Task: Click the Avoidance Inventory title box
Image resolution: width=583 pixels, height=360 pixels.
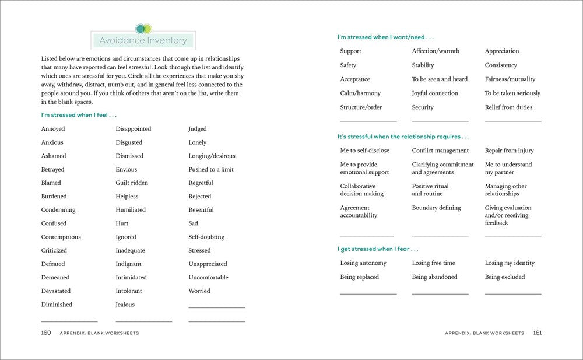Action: [x=143, y=41]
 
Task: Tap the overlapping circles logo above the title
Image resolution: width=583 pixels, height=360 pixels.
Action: [x=143, y=28]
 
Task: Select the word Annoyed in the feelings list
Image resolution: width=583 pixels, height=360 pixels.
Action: [x=53, y=129]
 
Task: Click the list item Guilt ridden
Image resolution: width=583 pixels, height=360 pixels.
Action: [x=132, y=183]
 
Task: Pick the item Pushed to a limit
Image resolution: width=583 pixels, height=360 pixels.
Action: [x=211, y=170]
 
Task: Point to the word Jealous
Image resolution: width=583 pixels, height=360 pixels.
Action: [x=125, y=305]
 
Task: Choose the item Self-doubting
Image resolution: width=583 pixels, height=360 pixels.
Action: [x=206, y=237]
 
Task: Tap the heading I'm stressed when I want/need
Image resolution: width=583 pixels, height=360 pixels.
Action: [x=385, y=37]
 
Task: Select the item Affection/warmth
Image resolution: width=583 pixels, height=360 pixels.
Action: [x=436, y=51]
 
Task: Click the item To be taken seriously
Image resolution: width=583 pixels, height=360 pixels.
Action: [x=512, y=93]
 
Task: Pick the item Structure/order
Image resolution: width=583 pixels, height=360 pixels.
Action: [x=361, y=107]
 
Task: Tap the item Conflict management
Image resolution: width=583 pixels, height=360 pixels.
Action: [x=440, y=151]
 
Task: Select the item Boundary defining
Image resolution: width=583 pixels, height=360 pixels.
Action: [x=436, y=208]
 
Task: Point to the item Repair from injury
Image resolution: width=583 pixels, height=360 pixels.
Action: [x=509, y=151]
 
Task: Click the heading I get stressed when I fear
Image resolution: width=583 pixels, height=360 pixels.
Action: [x=378, y=249]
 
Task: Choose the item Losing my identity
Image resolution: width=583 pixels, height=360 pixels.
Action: [x=510, y=263]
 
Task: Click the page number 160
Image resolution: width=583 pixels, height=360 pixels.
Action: [x=46, y=333]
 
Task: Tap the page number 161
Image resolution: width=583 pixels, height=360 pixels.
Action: [x=537, y=333]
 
